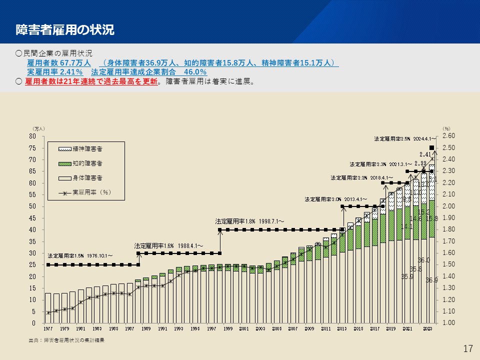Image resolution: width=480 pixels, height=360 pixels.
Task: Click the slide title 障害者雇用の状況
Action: [x=65, y=29]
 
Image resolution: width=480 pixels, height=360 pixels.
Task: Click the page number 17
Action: [x=468, y=349]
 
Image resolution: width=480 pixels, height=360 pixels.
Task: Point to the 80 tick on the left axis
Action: [x=33, y=136]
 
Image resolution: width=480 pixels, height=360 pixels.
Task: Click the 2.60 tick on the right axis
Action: [x=449, y=136]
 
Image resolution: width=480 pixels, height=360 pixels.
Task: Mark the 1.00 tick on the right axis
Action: [x=449, y=323]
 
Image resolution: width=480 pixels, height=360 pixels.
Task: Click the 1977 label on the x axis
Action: [x=48, y=329]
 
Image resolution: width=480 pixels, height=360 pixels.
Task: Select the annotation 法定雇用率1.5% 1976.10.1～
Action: [x=80, y=255]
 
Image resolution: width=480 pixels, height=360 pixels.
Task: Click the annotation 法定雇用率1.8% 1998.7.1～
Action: [x=249, y=221]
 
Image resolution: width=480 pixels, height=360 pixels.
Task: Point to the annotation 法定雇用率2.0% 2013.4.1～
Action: [x=336, y=199]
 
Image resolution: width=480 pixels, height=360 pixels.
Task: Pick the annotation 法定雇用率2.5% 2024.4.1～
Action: [x=405, y=138]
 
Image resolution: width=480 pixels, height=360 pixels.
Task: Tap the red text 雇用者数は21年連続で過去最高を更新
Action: [x=91, y=81]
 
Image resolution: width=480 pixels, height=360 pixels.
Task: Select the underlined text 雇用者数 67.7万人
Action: [x=58, y=63]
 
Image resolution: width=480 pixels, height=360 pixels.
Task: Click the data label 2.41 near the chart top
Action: [x=425, y=154]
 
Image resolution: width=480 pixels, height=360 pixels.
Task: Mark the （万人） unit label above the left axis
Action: [x=39, y=128]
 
